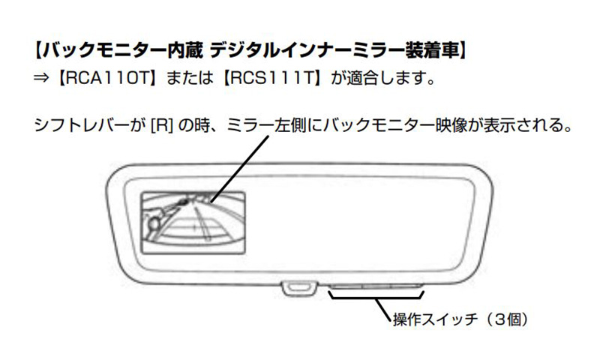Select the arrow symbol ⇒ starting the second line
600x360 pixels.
[44, 79]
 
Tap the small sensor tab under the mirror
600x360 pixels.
[299, 286]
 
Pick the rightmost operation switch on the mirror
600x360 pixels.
[405, 286]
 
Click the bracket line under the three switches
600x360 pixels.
[375, 298]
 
